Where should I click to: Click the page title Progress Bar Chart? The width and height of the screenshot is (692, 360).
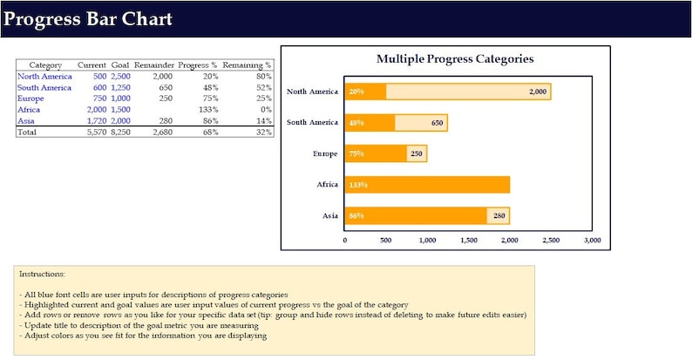coord(88,19)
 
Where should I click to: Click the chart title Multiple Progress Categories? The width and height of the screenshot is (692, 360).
coord(455,59)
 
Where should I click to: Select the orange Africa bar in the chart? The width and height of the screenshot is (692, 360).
coord(427,185)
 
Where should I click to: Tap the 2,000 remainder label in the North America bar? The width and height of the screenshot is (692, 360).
coord(537,92)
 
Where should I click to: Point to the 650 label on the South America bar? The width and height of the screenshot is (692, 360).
coord(437,123)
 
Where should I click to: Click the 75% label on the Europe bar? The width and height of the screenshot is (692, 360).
coord(356,154)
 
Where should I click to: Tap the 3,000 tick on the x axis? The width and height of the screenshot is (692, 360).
coord(592,240)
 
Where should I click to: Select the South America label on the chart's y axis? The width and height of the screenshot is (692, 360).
coord(312,123)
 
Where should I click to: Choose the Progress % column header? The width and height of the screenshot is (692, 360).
coord(198,65)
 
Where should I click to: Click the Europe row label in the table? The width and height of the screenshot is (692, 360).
coord(31,98)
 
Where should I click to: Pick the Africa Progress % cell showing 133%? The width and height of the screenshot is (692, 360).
coord(208,110)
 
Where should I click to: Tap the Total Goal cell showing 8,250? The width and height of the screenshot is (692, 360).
coord(120,132)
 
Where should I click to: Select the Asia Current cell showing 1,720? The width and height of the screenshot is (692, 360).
coord(96,121)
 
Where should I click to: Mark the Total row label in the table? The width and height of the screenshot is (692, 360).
coord(28,132)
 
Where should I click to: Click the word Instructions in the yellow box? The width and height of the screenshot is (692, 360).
coord(42,275)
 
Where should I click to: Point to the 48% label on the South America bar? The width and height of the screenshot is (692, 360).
coord(356,123)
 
